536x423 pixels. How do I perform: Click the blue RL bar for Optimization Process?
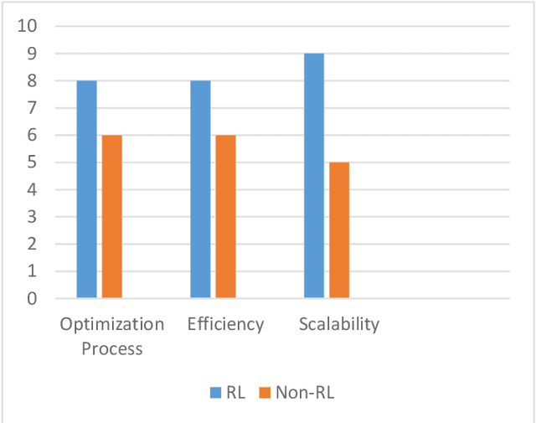(x=86, y=188)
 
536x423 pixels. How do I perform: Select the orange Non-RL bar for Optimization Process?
(x=112, y=216)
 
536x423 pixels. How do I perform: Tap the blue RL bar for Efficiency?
(x=200, y=188)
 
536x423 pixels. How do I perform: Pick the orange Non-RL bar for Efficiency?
(x=226, y=216)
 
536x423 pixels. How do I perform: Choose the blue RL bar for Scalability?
(x=314, y=175)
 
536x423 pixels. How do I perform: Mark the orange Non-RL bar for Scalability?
(x=339, y=230)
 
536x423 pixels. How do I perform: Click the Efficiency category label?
(x=226, y=324)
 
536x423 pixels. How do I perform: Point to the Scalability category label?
(x=339, y=324)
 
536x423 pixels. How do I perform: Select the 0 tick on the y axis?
(x=33, y=298)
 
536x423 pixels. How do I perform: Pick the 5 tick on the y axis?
(x=33, y=162)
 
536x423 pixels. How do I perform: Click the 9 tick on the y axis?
(x=33, y=54)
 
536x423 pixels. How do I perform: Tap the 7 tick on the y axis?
(x=33, y=108)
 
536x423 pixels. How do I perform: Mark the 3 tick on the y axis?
(x=33, y=217)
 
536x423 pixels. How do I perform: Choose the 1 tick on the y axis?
(x=33, y=271)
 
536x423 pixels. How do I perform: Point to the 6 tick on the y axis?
(x=33, y=135)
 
